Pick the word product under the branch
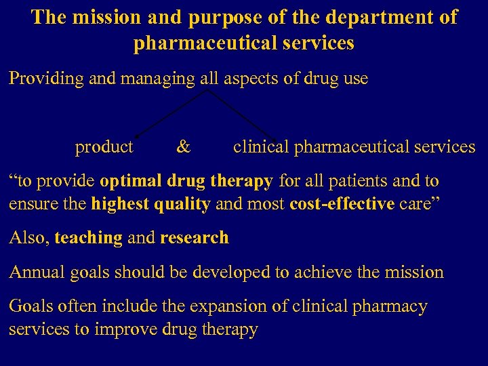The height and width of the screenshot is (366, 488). click(104, 146)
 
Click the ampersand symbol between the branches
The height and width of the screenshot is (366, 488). click(183, 146)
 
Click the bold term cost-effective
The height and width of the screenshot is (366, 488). click(342, 203)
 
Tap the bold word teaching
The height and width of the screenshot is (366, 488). click(88, 238)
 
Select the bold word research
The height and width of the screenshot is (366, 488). click(195, 238)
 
